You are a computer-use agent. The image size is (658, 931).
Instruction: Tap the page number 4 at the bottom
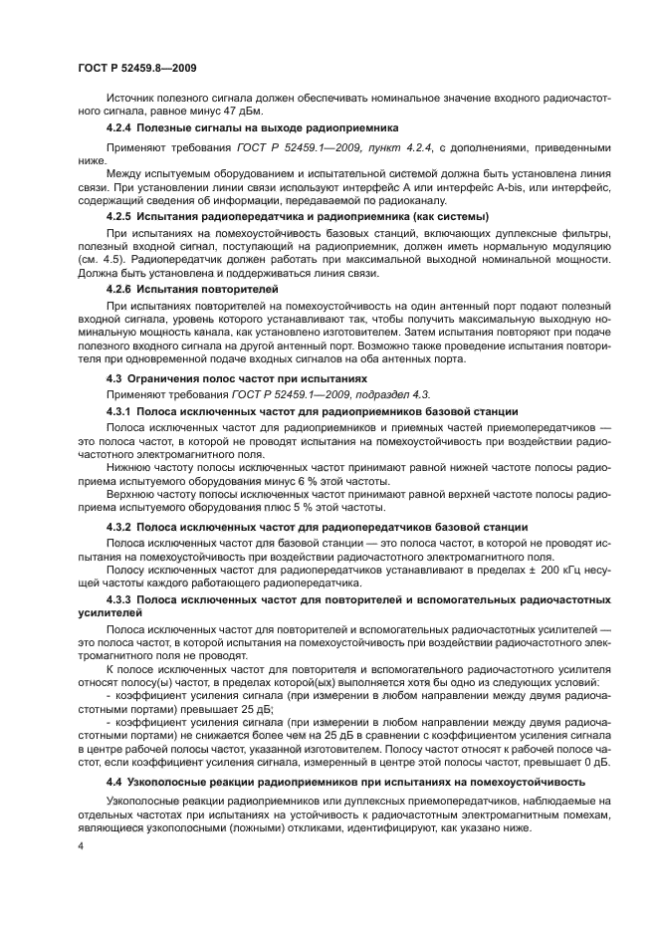[82, 844]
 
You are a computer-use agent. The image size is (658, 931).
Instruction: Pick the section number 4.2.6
[122, 289]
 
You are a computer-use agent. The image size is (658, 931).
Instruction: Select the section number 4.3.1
[122, 410]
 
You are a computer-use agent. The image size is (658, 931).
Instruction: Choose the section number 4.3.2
[122, 526]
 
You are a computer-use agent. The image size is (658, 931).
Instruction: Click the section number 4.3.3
[122, 600]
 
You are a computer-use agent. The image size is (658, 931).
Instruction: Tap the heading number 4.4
[116, 781]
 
